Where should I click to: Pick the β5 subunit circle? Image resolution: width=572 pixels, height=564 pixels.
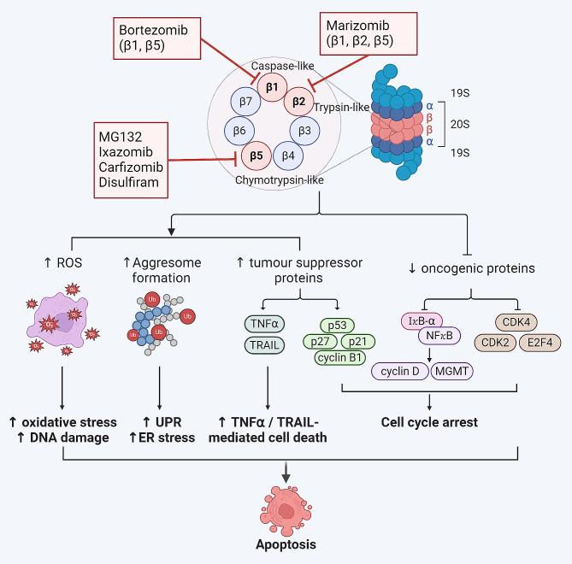[254, 156]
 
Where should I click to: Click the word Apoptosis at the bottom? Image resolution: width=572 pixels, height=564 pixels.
[286, 544]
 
